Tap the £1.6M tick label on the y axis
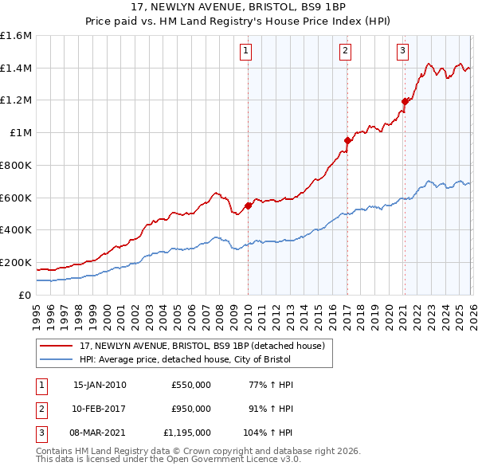[x=16, y=36]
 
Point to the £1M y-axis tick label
[x=21, y=133]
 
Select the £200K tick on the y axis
[x=16, y=262]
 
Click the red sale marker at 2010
[x=248, y=206]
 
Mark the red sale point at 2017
[x=347, y=140]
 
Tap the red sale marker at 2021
[x=405, y=101]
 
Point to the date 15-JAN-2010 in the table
[x=100, y=385]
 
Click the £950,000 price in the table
[x=190, y=409]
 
